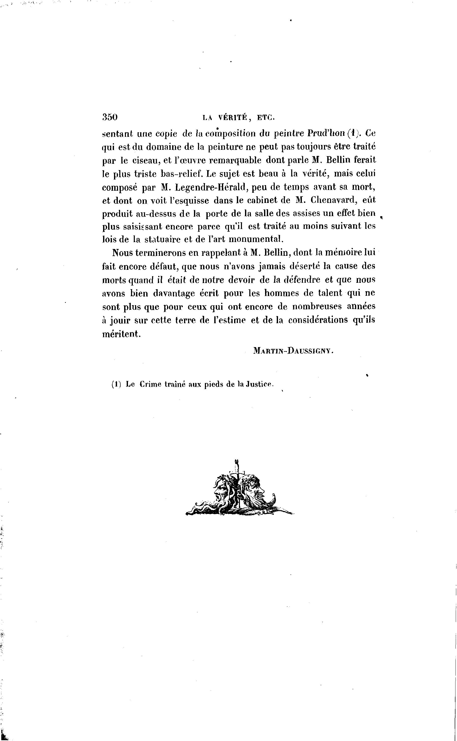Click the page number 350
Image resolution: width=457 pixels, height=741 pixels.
pyautogui.click(x=110, y=117)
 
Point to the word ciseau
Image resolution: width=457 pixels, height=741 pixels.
pyautogui.click(x=148, y=160)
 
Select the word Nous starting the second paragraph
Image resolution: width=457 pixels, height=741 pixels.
pyautogui.click(x=122, y=253)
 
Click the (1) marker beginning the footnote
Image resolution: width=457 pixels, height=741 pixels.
pyautogui.click(x=116, y=384)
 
